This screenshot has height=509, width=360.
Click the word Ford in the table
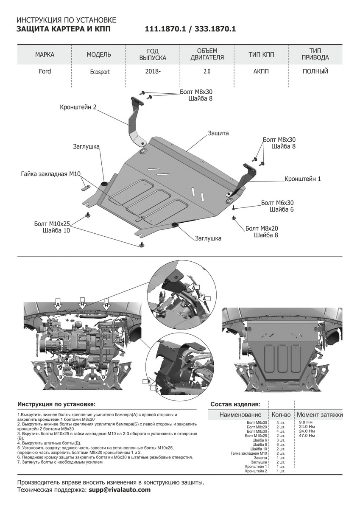pos(45,71)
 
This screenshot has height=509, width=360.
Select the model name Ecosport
pos(100,72)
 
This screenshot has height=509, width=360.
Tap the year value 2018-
pos(153,71)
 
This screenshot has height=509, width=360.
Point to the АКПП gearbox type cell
pos(262,71)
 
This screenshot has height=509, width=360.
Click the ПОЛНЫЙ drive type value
pos(315,71)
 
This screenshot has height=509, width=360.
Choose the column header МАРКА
pos(45,55)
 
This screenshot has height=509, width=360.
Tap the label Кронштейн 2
pos(78,108)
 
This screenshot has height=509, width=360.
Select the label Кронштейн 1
pos(303,179)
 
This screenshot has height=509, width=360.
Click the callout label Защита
pos(218,133)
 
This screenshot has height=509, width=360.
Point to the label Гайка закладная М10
pos(51,174)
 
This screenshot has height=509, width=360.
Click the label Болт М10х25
pos(52,224)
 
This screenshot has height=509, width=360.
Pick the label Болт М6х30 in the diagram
pos(277,203)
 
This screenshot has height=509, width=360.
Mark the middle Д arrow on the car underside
pos(82,304)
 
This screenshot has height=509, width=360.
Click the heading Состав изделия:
pos(235,404)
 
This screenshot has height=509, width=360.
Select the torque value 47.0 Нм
pos(307,436)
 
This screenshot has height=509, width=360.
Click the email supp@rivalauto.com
pos(120,489)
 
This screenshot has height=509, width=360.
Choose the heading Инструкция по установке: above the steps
pos(56,404)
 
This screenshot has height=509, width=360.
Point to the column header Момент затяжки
pos(319,414)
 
